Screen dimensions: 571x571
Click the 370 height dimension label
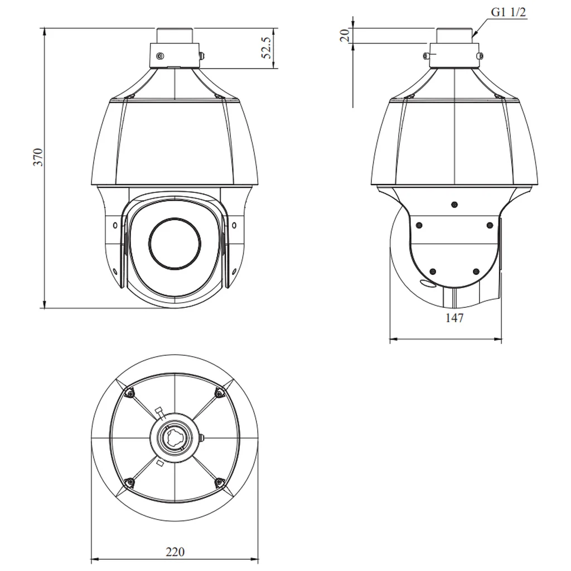point(38,157)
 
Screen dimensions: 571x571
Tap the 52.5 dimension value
point(266,48)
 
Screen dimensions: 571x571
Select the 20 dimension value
point(345,35)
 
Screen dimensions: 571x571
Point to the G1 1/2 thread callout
point(509,12)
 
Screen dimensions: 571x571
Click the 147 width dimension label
point(454,318)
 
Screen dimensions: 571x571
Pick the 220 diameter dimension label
point(175,551)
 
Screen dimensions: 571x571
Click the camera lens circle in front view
point(175,244)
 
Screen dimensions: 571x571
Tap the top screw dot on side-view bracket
point(454,205)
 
